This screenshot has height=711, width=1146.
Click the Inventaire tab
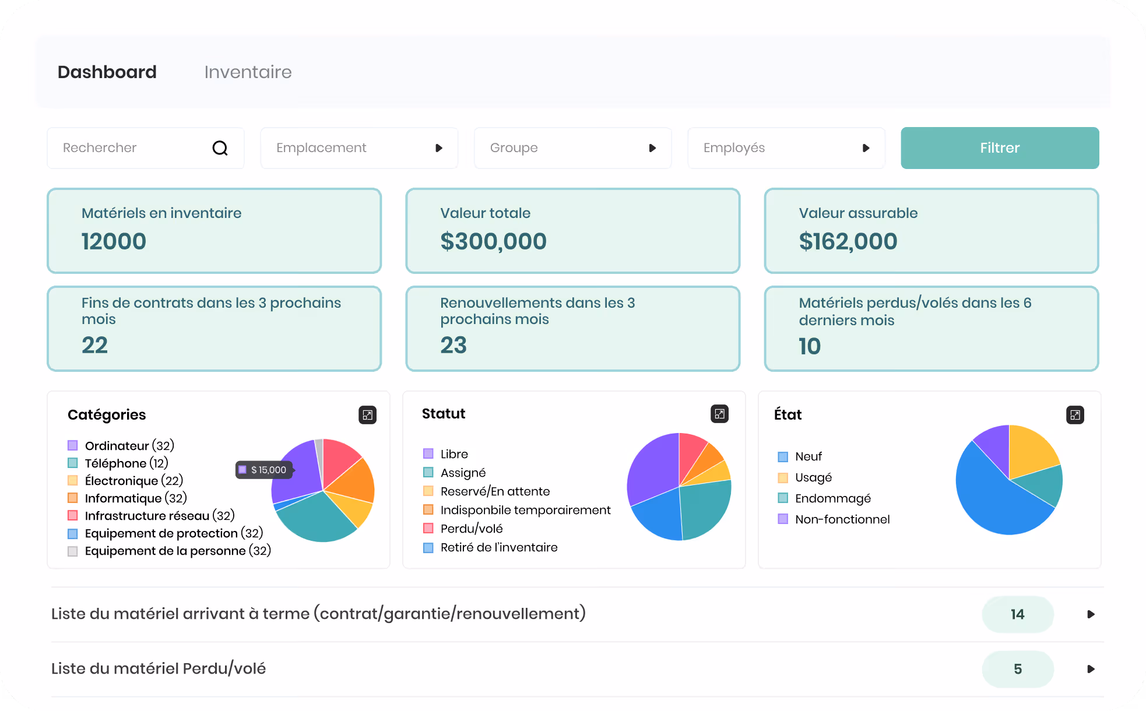pos(248,72)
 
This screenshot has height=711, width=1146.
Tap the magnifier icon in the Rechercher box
pos(220,148)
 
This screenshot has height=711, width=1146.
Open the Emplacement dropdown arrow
pos(439,148)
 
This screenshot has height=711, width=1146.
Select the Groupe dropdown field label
pos(514,148)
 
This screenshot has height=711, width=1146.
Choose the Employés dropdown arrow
pos(866,148)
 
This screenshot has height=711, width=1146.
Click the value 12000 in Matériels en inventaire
pos(114,241)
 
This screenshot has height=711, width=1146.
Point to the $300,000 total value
pos(493,241)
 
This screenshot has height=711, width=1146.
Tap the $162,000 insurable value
pos(848,241)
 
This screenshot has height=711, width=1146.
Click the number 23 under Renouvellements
pos(454,345)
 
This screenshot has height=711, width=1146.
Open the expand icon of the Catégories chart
pos(367,415)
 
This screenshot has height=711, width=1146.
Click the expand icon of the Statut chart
pos(720,414)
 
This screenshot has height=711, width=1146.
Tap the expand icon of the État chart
pos(1075,415)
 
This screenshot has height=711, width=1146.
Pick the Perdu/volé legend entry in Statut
pos(463,529)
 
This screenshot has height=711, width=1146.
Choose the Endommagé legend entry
pos(824,498)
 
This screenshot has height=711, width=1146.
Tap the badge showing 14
pos(1018,614)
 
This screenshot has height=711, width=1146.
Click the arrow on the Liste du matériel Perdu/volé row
pos(1091,669)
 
